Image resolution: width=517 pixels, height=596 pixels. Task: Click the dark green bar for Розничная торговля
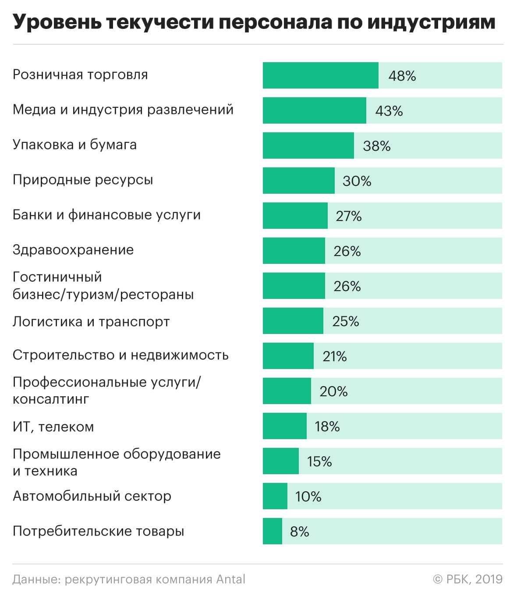pos(320,75)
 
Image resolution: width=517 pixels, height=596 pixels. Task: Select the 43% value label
pos(389,111)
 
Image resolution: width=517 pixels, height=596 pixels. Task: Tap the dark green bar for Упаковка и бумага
pos(308,145)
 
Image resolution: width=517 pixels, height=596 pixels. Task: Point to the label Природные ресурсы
pos(83,180)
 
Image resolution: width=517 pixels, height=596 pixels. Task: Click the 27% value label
pos(349,216)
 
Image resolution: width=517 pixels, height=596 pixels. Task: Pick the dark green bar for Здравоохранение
pos(294,251)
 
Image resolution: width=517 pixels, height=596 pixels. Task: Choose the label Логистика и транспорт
pos(91,322)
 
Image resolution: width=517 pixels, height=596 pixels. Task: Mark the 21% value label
pos(335,356)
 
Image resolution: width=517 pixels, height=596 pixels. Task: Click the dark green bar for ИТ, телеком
pos(284,426)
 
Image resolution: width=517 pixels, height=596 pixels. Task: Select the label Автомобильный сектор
pos(92,496)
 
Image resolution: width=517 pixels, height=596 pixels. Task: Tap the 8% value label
pos(300,532)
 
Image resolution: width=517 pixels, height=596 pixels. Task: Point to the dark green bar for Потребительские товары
pos(272,531)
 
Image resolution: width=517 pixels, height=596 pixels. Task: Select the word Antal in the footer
pos(231,579)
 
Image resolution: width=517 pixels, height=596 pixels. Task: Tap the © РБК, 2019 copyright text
pos(467,579)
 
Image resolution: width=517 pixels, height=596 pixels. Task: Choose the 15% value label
pos(319,461)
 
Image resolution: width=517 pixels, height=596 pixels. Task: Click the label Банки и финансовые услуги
pos(106,215)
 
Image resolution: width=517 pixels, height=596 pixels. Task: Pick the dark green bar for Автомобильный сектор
pos(275,496)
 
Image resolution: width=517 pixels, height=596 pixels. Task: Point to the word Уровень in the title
pos(56,22)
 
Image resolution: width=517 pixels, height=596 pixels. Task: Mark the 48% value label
pos(402,76)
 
